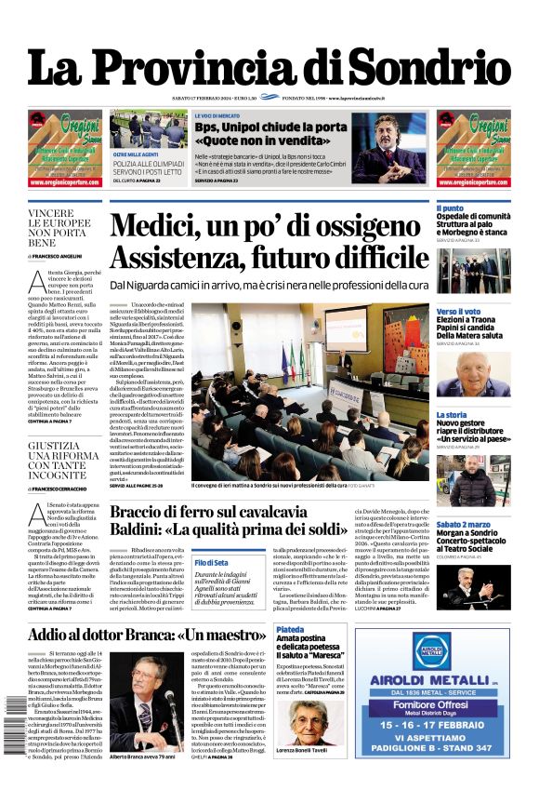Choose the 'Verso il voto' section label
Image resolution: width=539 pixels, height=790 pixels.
click(x=459, y=311)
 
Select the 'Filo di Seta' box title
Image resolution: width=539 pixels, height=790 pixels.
click(x=212, y=563)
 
